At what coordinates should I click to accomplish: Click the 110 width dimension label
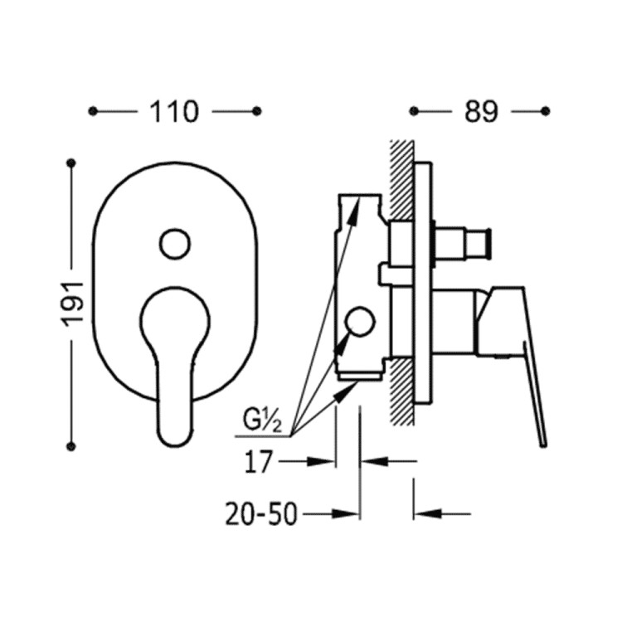coord(173,111)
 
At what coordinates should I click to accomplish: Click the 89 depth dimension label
coord(480,111)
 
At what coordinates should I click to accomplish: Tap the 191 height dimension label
coord(72,304)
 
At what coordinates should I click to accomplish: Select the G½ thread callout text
coord(262,421)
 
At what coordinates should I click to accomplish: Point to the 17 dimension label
coord(258,462)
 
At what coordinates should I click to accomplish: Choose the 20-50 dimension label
coord(261,514)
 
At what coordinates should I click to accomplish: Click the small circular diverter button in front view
coord(175,244)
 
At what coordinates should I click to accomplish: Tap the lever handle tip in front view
coord(175,442)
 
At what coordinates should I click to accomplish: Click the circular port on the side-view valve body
coord(359,321)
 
